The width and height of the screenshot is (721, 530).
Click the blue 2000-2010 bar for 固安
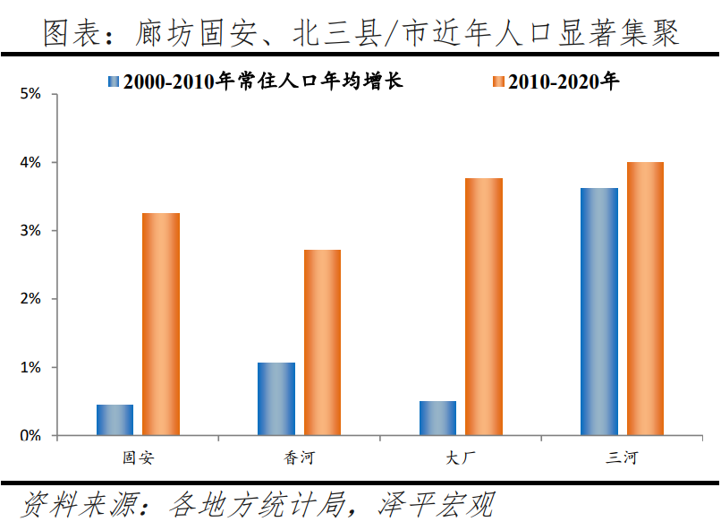tap(115, 420)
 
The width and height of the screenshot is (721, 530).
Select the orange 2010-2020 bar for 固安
tap(161, 324)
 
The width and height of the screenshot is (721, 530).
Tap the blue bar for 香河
tap(276, 398)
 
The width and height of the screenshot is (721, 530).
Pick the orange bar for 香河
tap(322, 342)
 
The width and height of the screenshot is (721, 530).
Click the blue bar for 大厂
tap(437, 418)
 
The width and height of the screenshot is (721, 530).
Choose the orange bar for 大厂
tap(483, 306)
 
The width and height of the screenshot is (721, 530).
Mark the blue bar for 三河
tap(598, 312)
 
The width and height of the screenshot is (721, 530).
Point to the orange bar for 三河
tap(644, 298)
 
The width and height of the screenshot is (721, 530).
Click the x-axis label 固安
tap(139, 458)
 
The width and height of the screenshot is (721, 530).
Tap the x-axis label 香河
tap(300, 458)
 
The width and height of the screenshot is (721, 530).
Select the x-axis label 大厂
tap(461, 458)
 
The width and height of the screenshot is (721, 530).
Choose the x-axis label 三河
tap(622, 458)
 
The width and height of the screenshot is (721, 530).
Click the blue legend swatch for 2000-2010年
tap(114, 81)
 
